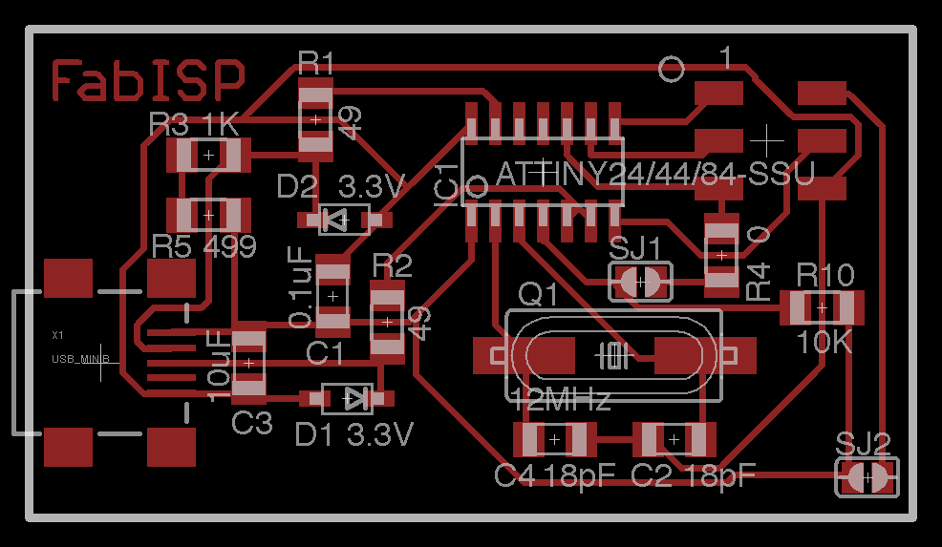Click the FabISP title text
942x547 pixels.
(x=148, y=80)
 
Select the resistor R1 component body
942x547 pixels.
(x=315, y=119)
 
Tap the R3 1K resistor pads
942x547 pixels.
(x=207, y=155)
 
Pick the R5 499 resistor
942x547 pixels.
(x=207, y=214)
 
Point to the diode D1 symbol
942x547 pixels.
(x=346, y=398)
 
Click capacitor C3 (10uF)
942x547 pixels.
(x=248, y=362)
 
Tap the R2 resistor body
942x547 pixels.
(x=387, y=322)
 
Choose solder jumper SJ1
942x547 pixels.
(x=640, y=282)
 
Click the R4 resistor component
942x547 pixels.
(x=721, y=255)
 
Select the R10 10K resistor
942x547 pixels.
(x=822, y=307)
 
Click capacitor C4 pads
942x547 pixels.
(x=553, y=440)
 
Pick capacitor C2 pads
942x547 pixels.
(x=674, y=440)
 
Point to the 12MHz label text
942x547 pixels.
(x=562, y=400)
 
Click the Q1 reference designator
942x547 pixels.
(x=537, y=295)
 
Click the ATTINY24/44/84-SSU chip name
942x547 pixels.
(x=654, y=175)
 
